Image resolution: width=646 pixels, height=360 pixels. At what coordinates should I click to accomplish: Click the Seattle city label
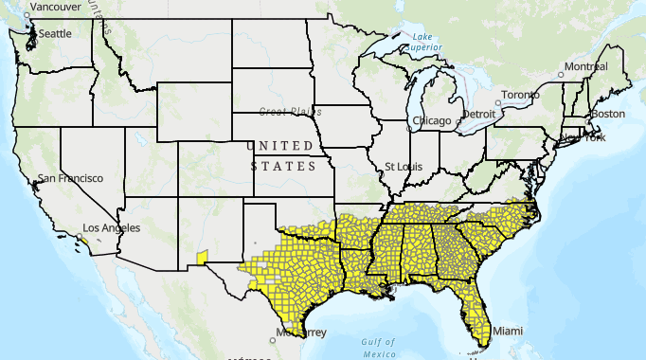(55, 33)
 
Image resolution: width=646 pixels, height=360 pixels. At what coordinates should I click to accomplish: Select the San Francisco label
(68, 178)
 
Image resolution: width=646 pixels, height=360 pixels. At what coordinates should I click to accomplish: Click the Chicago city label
(432, 120)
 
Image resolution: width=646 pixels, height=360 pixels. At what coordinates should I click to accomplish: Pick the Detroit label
(478, 114)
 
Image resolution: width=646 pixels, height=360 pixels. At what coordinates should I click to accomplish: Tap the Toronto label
(519, 95)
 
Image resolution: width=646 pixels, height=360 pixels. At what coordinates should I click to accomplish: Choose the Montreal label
(585, 67)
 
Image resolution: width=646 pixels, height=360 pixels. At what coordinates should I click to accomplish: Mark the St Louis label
(402, 166)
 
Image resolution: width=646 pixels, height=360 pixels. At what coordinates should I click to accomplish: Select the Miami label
(507, 331)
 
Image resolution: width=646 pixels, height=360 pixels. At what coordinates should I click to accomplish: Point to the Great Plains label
(285, 111)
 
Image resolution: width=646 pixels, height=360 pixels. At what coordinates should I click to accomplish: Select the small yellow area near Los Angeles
(84, 241)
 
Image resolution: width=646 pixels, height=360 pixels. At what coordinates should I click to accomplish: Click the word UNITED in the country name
(280, 146)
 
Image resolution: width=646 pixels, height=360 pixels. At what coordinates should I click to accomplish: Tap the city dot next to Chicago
(408, 121)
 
